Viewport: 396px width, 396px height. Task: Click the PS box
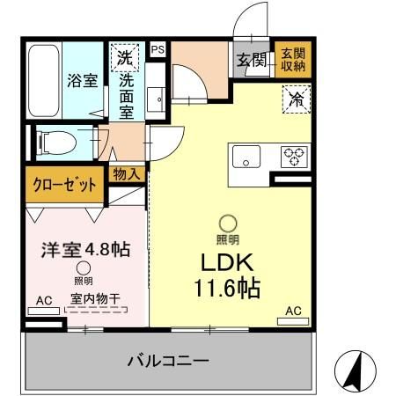coord(158,50)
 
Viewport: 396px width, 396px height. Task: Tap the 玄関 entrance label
coord(253,60)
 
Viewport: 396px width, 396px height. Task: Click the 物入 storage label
coord(126,174)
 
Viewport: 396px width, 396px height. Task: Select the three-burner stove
coord(292,156)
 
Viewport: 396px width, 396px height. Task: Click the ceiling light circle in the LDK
coord(228,224)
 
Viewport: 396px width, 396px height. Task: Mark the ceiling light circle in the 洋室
coord(83,269)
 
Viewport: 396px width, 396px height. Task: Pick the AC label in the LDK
coord(293,311)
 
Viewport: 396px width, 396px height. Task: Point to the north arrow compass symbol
coord(355,369)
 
